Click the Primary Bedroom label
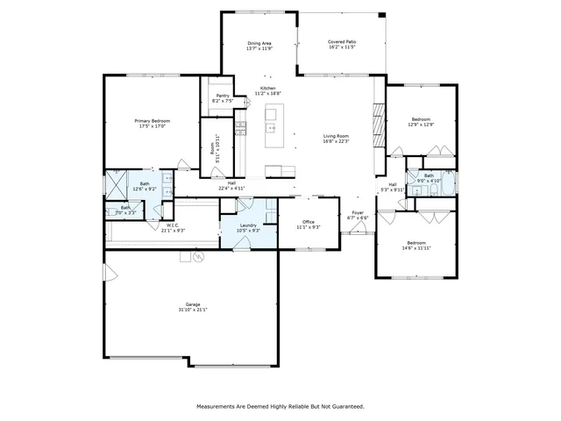tap(152, 120)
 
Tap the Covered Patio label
tap(341, 41)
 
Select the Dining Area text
tap(260, 42)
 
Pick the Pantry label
tap(222, 96)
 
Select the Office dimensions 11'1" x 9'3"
tap(308, 227)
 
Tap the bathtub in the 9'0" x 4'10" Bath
tap(447, 184)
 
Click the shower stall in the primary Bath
tap(115, 183)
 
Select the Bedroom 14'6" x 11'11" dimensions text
tap(415, 248)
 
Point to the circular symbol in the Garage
tap(198, 257)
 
